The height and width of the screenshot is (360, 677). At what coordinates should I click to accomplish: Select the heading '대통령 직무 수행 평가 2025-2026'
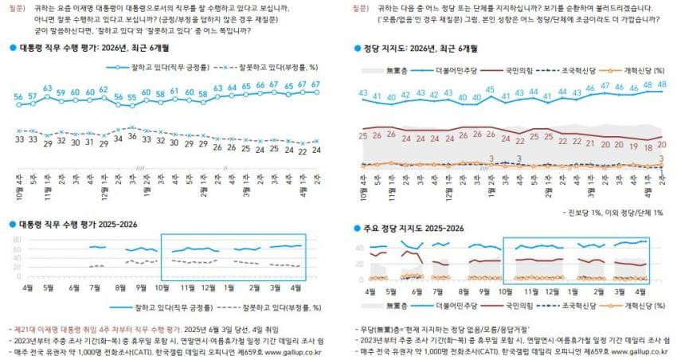click(76, 225)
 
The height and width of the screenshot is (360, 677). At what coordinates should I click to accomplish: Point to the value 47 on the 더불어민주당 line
click(606, 86)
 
